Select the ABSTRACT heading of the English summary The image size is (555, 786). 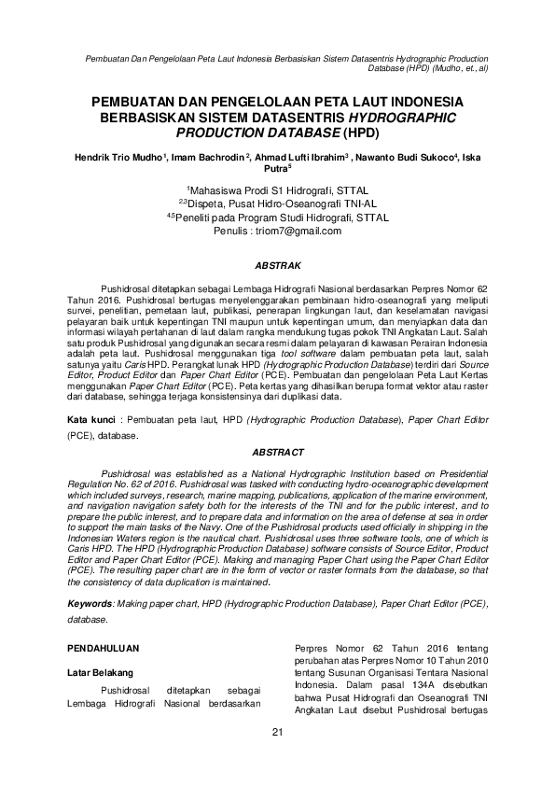pyautogui.click(x=277, y=452)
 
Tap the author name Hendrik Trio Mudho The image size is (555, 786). pyautogui.click(x=118, y=157)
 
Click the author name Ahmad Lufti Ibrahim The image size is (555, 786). pyautogui.click(x=301, y=157)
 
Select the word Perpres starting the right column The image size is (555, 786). pyautogui.click(x=312, y=646)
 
